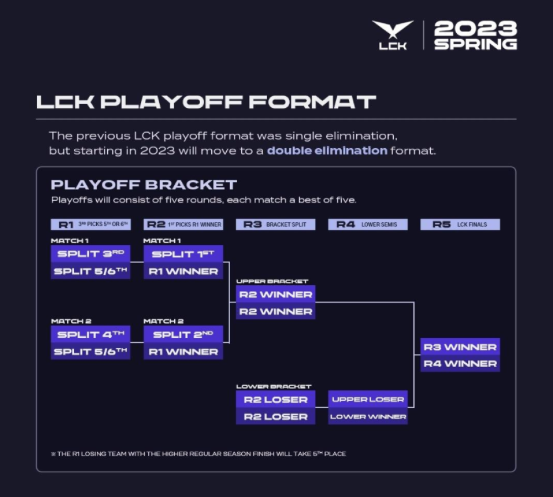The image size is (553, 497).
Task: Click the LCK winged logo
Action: click(x=393, y=35)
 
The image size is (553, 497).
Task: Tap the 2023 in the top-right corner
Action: click(x=476, y=28)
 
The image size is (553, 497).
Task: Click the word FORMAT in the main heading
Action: click(x=312, y=102)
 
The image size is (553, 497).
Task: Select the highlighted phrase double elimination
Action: click(x=327, y=151)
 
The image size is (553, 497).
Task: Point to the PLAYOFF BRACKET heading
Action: click(x=144, y=185)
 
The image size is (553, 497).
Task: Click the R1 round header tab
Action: click(x=91, y=224)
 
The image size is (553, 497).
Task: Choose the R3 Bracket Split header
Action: click(x=275, y=224)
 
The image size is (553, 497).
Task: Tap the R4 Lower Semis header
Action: click(x=368, y=224)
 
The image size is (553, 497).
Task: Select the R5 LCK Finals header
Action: click(x=460, y=224)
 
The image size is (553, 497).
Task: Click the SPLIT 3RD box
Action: click(x=91, y=254)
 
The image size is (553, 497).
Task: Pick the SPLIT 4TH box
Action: click(x=91, y=334)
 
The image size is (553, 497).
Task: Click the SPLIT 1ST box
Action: click(x=183, y=254)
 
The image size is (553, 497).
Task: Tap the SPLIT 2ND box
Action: click(x=183, y=334)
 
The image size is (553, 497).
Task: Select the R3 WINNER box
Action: click(x=460, y=347)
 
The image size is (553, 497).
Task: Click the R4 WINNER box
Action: click(x=460, y=364)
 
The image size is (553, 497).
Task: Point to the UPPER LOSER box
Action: click(x=368, y=399)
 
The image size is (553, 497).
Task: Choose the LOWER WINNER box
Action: click(x=368, y=416)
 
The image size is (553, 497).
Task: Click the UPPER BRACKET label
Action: click(x=272, y=281)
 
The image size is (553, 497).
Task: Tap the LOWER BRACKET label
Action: click(x=274, y=386)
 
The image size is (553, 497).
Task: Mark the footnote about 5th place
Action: click(x=198, y=454)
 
